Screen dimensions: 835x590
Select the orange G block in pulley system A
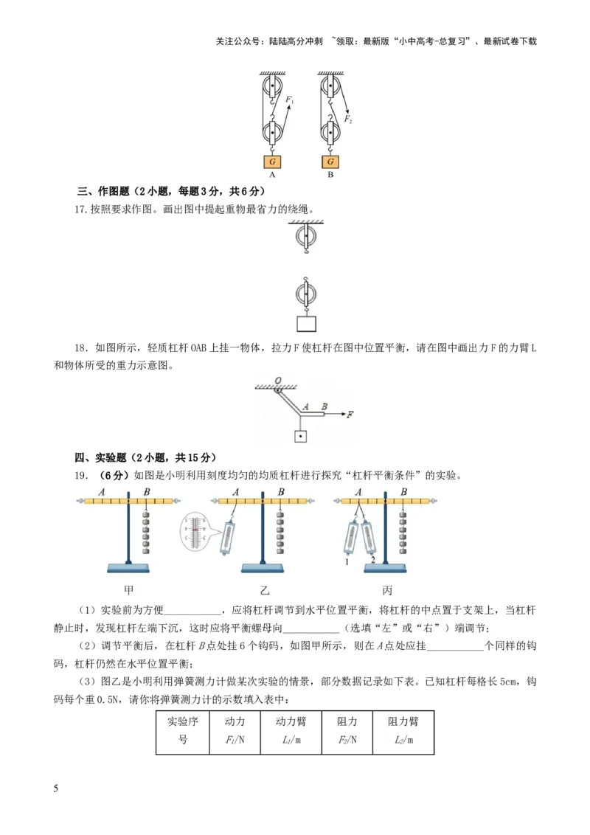[x=272, y=162]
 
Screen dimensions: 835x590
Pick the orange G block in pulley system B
[x=330, y=162]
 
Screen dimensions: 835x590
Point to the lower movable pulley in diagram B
[x=330, y=135]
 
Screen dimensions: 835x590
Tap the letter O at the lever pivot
[x=278, y=381]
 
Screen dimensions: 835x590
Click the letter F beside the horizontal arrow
[x=351, y=415]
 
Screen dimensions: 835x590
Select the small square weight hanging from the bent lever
[x=300, y=436]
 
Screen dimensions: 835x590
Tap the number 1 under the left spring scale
[x=345, y=563]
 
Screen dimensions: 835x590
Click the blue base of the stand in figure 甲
[x=128, y=567]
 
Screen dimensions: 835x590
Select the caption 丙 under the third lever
[x=387, y=590]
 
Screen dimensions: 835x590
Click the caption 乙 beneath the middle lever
[x=265, y=590]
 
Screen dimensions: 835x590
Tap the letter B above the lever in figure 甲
[x=147, y=492]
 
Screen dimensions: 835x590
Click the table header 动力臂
[x=291, y=721]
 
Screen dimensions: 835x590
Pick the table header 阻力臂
[x=403, y=721]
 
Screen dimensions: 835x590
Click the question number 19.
[x=82, y=475]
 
